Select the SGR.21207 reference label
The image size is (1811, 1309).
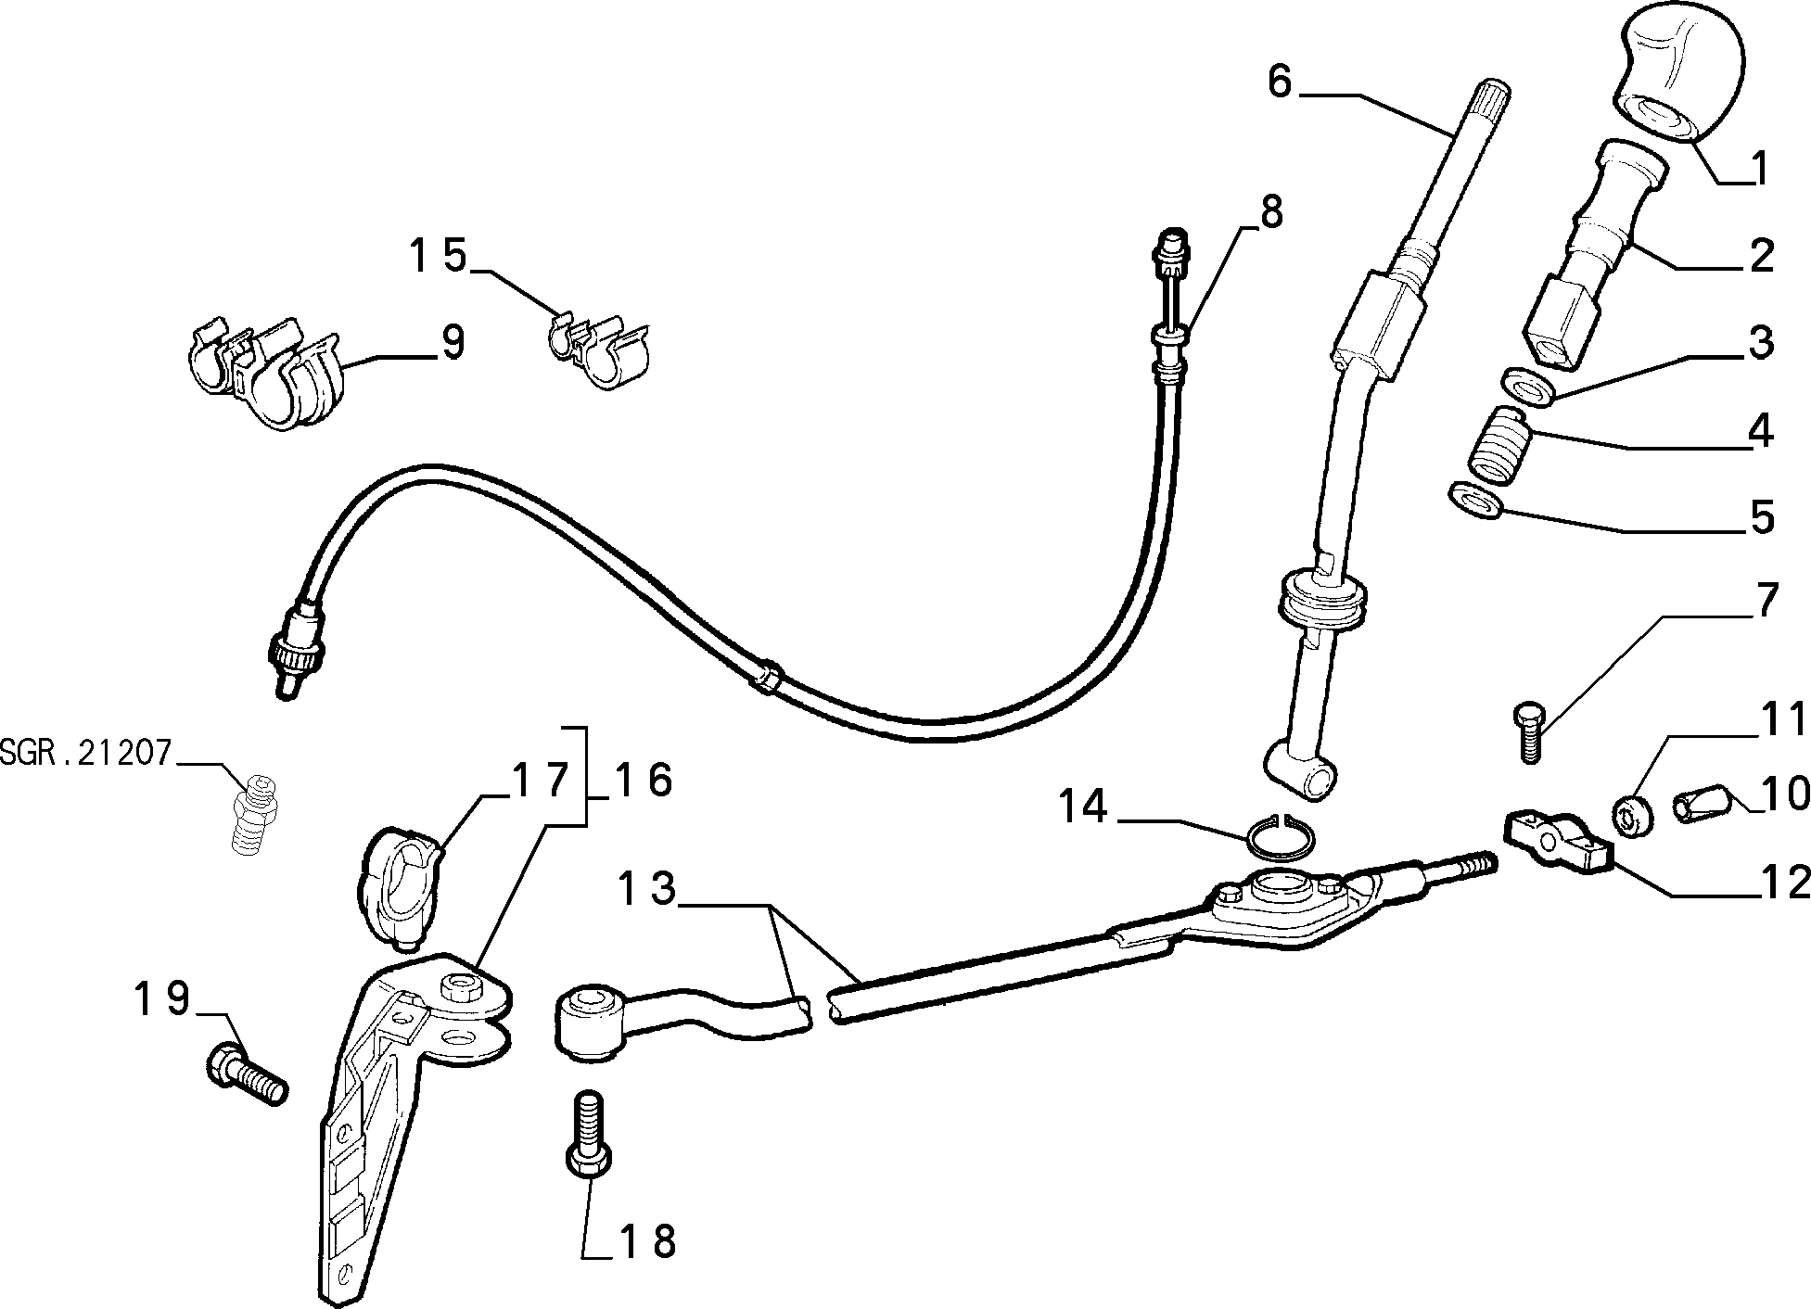pos(86,753)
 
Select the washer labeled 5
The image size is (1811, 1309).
pos(1476,502)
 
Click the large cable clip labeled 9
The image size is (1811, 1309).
pos(264,374)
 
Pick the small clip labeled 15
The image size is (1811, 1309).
pos(598,349)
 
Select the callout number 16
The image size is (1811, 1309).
pos(643,781)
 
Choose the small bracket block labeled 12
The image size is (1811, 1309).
pos(1559,837)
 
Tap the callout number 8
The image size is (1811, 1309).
pos(1270,212)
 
